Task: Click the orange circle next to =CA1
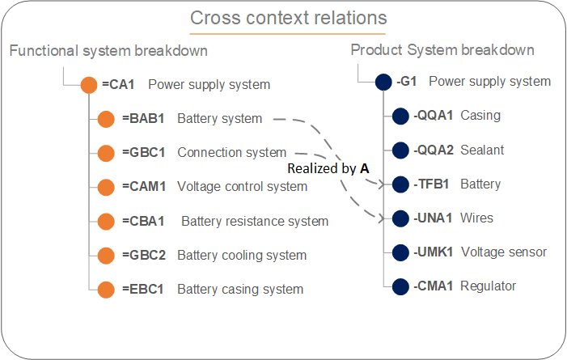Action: pos(89,85)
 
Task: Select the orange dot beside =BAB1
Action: pos(106,119)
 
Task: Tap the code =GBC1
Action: pos(143,153)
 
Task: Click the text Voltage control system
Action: pos(243,187)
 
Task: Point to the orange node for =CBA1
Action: pos(106,222)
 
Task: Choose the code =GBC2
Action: pos(143,256)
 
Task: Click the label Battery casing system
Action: pos(240,290)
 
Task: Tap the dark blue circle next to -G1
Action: pos(383,83)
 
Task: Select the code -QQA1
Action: pos(434,116)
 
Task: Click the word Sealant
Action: pos(482,150)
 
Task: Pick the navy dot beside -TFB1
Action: pos(400,184)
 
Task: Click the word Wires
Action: pos(476,218)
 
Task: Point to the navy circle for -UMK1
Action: pos(400,252)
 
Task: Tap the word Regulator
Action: pos(488,286)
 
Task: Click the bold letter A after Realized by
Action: pos(365,168)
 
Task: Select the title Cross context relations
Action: pos(289,18)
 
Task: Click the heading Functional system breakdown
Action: pos(108,51)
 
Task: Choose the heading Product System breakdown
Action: pos(442,50)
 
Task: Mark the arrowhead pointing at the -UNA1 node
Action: pos(381,218)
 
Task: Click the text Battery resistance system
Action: pos(255,222)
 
